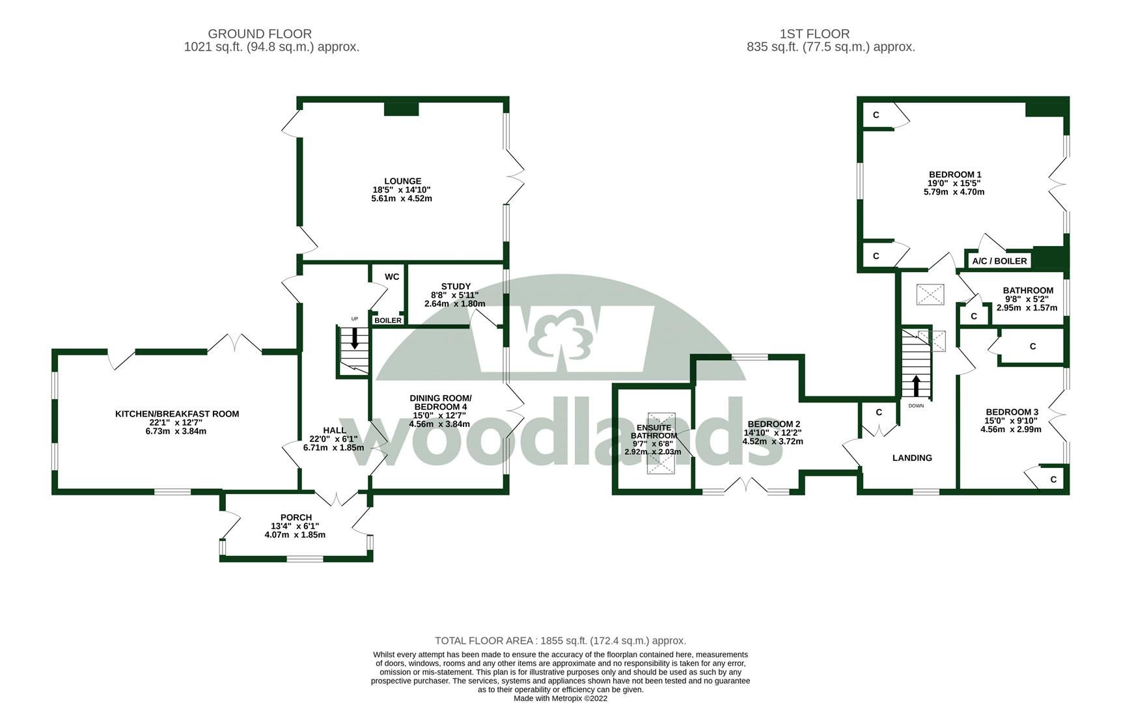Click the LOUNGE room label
pyautogui.click(x=402, y=182)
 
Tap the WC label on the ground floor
pyautogui.click(x=392, y=277)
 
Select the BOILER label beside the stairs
pyautogui.click(x=388, y=320)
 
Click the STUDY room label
pyautogui.click(x=455, y=286)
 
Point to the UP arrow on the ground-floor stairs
pyautogui.click(x=355, y=337)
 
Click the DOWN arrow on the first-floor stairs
pyautogui.click(x=916, y=386)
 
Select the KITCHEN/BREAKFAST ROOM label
pyautogui.click(x=177, y=414)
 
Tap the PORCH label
pyautogui.click(x=296, y=517)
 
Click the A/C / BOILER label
pyautogui.click(x=999, y=261)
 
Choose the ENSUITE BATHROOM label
pyautogui.click(x=654, y=432)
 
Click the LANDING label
pyautogui.click(x=911, y=458)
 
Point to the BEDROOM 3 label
pyautogui.click(x=1012, y=412)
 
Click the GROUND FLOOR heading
pyautogui.click(x=260, y=34)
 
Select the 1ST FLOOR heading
pyautogui.click(x=814, y=34)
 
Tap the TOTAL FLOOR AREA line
pyautogui.click(x=560, y=641)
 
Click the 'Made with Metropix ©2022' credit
pyautogui.click(x=560, y=698)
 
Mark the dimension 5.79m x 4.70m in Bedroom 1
pyautogui.click(x=954, y=192)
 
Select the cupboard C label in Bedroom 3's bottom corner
pyautogui.click(x=1053, y=480)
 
